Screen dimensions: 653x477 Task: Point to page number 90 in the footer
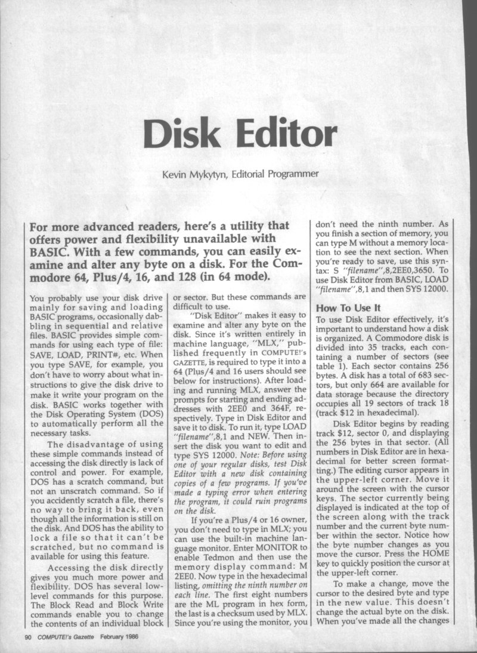tap(27, 637)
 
